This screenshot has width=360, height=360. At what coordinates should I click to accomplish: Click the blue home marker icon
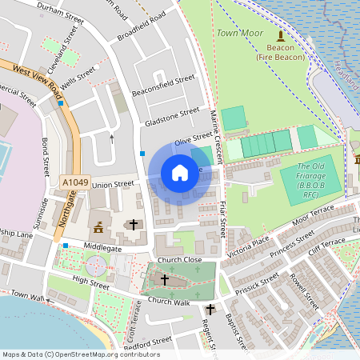pyautogui.click(x=180, y=172)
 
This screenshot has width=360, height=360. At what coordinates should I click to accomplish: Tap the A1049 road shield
pyautogui.click(x=75, y=183)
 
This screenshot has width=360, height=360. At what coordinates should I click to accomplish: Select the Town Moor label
pyautogui.click(x=240, y=34)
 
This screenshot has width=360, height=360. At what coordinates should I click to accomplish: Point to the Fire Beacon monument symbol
pyautogui.click(x=280, y=36)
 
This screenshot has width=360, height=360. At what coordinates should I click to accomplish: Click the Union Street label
pyautogui.click(x=113, y=185)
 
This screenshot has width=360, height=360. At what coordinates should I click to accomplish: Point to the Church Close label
pyautogui.click(x=179, y=260)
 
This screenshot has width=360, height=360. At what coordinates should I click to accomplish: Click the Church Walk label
pyautogui.click(x=168, y=302)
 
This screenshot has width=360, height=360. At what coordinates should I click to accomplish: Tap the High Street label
pyautogui.click(x=90, y=282)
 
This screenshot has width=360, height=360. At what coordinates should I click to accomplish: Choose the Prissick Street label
pyautogui.click(x=257, y=283)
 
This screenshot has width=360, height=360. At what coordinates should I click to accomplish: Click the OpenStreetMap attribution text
pyautogui.click(x=81, y=354)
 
